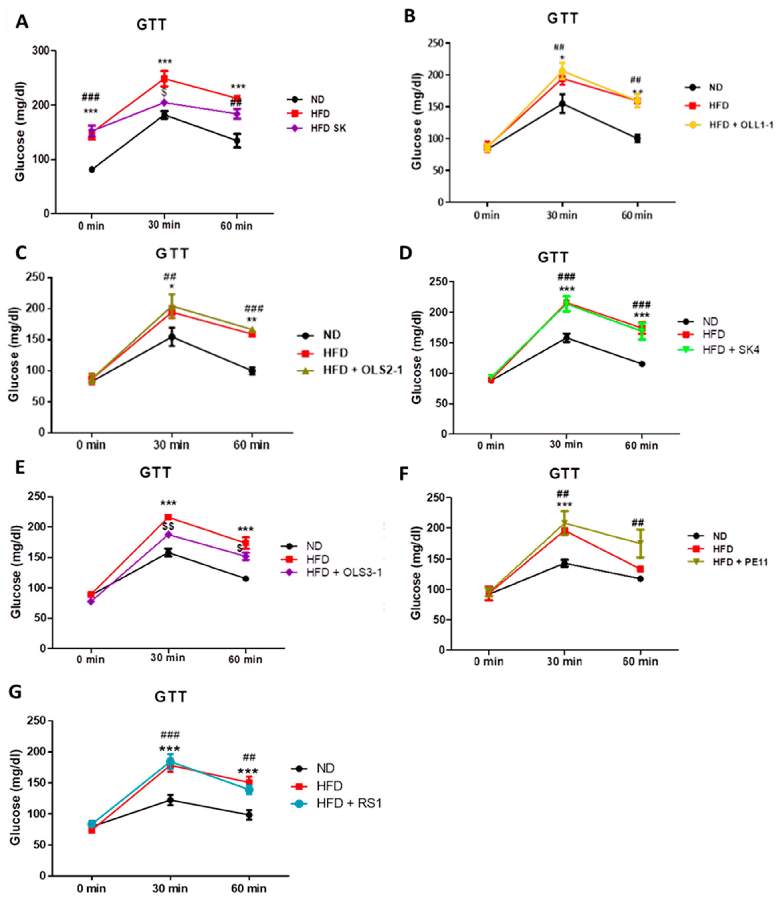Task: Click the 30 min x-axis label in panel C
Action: click(172, 445)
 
